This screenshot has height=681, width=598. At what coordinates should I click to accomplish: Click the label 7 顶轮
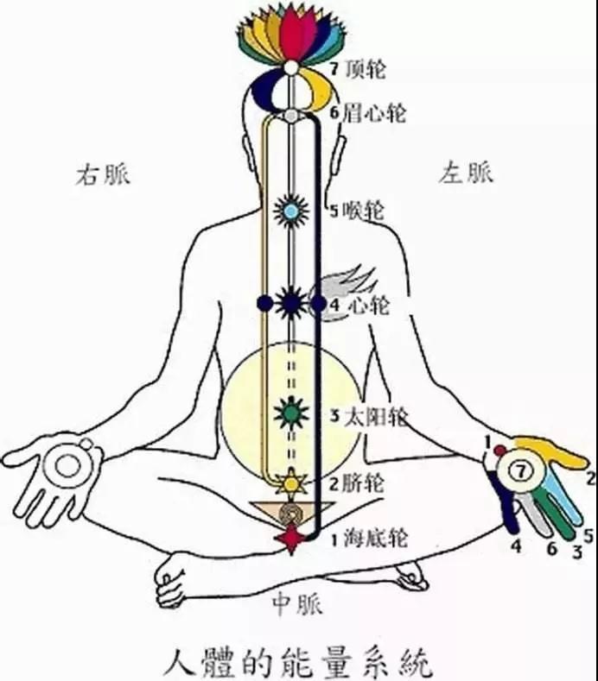[357, 70]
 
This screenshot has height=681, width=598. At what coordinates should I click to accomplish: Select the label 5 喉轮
[357, 211]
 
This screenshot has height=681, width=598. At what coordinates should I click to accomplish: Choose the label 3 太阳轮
[369, 417]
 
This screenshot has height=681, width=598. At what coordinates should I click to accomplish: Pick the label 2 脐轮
[356, 483]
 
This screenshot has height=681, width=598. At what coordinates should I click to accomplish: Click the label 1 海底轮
[369, 539]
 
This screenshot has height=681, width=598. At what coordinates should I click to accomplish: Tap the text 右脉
[103, 175]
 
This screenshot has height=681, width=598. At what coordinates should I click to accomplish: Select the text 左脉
[466, 172]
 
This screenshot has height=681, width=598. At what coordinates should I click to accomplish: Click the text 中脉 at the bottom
[297, 604]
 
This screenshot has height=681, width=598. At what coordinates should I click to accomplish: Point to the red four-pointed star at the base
[291, 538]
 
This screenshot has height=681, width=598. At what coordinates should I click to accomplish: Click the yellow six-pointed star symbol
[291, 482]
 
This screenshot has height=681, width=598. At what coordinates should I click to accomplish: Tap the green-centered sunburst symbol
[291, 413]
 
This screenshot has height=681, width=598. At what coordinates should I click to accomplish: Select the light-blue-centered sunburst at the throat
[291, 211]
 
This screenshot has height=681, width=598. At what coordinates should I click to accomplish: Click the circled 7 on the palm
[520, 470]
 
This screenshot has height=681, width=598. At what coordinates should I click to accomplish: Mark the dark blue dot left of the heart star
[264, 303]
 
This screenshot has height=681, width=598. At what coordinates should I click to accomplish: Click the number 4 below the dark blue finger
[516, 546]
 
